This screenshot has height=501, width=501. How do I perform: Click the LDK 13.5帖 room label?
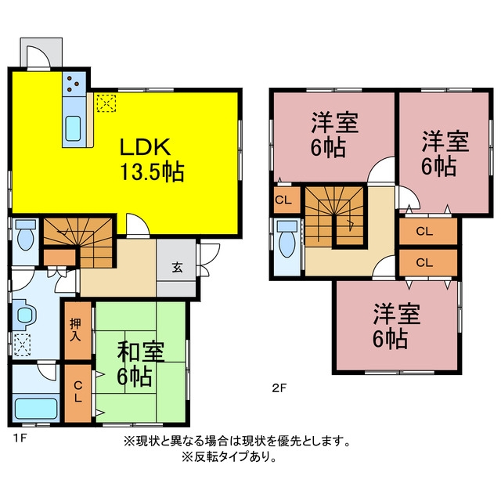click(151, 160)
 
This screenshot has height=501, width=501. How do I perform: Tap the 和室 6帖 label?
click(140, 363)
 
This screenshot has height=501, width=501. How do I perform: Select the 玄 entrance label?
click(178, 267)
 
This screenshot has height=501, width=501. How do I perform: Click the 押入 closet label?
click(75, 330)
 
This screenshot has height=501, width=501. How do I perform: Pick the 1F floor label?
click(20, 438)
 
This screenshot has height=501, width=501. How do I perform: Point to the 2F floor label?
click(279, 388)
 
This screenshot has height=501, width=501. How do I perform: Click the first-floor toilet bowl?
click(26, 236)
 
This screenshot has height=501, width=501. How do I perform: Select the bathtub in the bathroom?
click(36, 409)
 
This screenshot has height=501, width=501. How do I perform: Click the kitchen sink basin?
click(73, 128)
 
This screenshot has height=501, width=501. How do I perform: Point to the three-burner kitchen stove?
click(74, 84)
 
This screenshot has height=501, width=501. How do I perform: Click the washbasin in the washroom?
click(24, 315)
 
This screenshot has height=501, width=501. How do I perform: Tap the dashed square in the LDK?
click(106, 103)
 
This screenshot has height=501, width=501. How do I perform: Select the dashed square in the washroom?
click(22, 344)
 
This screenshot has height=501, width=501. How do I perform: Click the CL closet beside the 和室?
click(78, 393)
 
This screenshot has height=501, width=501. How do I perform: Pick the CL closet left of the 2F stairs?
click(287, 200)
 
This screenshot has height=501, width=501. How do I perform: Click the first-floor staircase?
click(78, 243)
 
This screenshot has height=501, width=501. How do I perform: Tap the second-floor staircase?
click(334, 218)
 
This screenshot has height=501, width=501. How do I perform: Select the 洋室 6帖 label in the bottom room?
click(396, 326)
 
